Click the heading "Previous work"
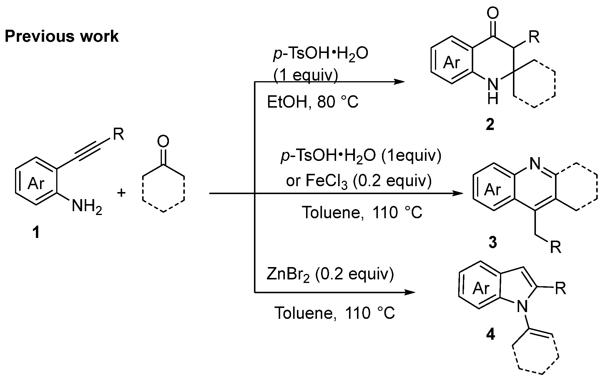pyautogui.click(x=62, y=37)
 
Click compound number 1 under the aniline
pyautogui.click(x=36, y=233)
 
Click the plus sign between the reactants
pyautogui.click(x=121, y=193)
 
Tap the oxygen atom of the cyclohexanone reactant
pyautogui.click(x=163, y=141)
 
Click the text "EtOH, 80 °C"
pyautogui.click(x=313, y=103)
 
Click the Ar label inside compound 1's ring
pyautogui.click(x=36, y=184)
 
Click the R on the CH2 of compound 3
pyautogui.click(x=556, y=248)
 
